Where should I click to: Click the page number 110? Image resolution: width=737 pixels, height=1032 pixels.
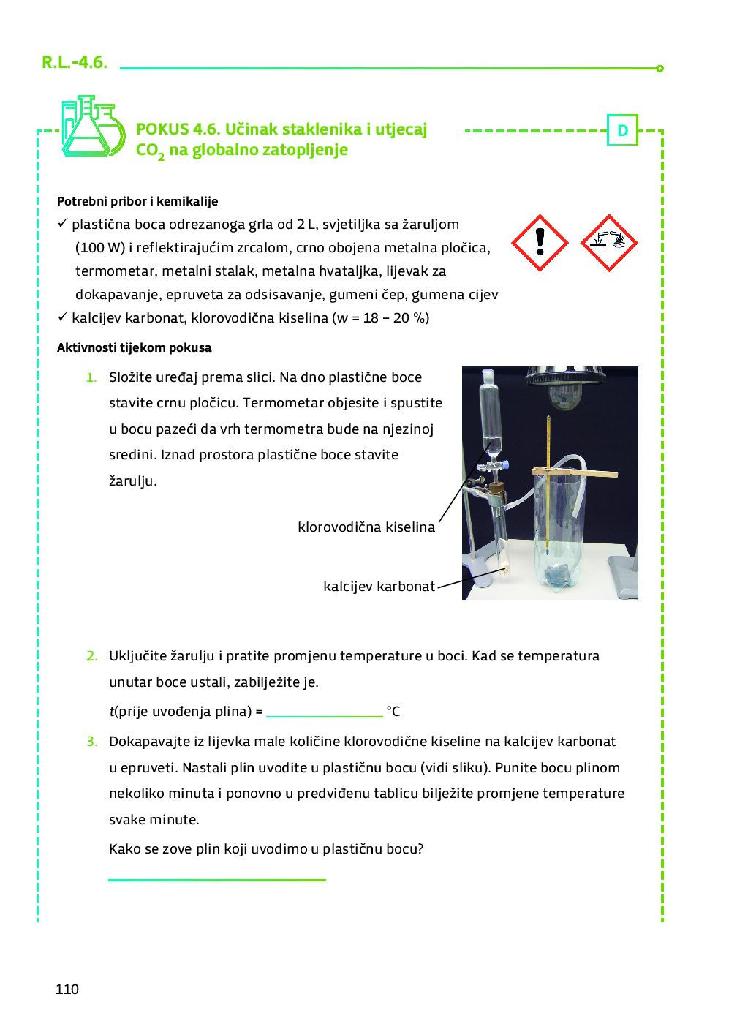(x=67, y=989)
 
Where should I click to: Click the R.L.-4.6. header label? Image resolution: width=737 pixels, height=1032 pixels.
(x=75, y=62)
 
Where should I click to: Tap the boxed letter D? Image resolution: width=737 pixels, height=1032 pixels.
(x=622, y=131)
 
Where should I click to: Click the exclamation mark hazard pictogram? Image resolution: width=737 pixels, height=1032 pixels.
(x=540, y=243)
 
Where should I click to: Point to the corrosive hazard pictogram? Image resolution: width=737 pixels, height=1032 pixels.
(x=608, y=243)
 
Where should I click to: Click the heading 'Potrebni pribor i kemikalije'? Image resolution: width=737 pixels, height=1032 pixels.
(x=137, y=201)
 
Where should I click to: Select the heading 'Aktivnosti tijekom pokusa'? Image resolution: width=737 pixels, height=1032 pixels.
(x=135, y=347)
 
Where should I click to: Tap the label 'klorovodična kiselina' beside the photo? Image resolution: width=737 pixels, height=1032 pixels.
(x=366, y=527)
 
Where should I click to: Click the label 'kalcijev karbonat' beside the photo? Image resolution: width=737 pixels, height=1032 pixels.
(x=379, y=586)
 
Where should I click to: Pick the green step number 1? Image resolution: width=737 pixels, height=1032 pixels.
(x=91, y=377)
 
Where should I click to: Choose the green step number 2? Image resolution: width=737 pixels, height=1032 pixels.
(x=91, y=656)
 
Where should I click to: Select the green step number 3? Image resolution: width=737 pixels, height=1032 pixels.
(x=91, y=742)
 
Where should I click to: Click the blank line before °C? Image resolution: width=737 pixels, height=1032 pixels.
(x=324, y=713)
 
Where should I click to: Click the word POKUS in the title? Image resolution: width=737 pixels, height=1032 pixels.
(x=162, y=129)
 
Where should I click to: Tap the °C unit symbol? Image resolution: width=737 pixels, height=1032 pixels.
(x=393, y=712)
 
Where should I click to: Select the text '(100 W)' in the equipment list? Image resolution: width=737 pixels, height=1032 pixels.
(x=100, y=248)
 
